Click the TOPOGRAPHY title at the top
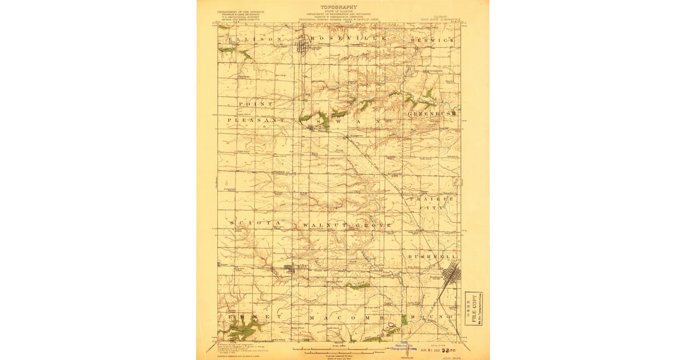tap(343, 7)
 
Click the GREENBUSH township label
tap(432, 114)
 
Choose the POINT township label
tap(256, 104)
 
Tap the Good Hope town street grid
tap(290, 267)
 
